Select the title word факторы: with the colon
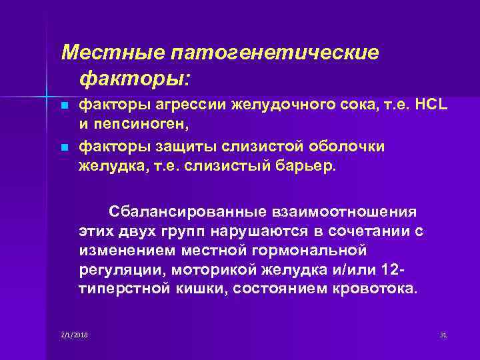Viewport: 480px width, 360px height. point(135,79)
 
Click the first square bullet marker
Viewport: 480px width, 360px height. point(64,107)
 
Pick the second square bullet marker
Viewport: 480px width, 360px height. point(64,146)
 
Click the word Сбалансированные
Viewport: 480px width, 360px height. point(186,212)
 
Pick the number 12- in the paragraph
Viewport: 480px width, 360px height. point(393,270)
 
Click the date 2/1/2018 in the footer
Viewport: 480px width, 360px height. point(75,334)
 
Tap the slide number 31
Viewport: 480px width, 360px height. point(443,334)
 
